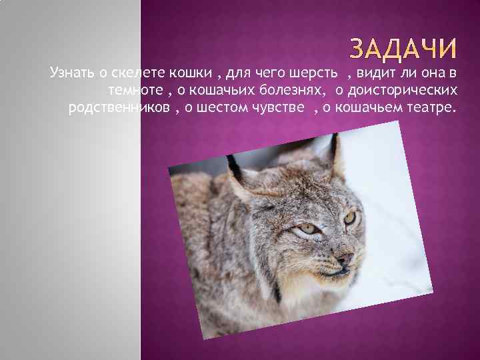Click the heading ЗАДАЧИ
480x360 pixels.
(x=404, y=49)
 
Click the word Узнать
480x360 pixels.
(x=68, y=71)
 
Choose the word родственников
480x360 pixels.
(x=114, y=107)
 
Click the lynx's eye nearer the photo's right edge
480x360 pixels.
(x=349, y=217)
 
